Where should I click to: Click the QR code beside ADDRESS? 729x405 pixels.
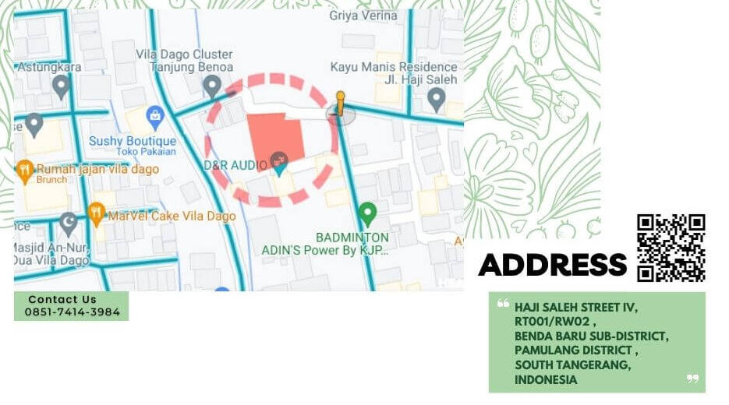671,248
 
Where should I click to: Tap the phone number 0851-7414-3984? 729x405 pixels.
73,312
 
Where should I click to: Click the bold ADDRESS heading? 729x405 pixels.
552,265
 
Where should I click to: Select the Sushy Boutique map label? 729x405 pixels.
133,141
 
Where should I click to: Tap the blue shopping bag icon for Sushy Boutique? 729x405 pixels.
155,118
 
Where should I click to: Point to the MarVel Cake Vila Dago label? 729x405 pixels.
172,216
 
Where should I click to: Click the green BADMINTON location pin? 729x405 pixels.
367,212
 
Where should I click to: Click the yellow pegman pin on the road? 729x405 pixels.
340,102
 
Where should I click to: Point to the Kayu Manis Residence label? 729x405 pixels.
393,67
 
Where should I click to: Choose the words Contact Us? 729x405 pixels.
62,299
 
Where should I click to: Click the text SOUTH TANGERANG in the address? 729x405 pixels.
573,365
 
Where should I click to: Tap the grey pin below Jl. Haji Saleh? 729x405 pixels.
437,98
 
